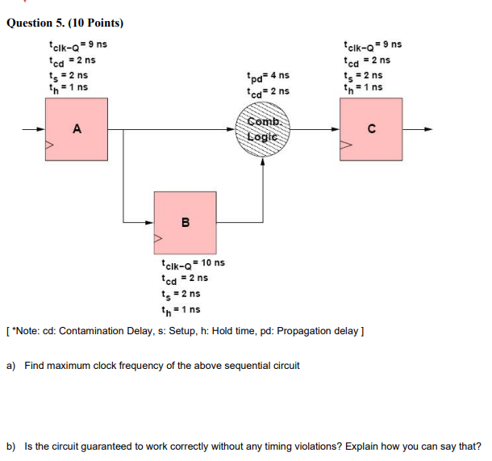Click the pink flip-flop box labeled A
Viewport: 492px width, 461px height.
[77, 130]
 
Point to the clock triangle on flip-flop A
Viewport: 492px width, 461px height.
[50, 146]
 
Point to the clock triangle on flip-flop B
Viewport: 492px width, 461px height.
[158, 239]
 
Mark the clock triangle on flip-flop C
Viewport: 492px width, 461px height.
[344, 146]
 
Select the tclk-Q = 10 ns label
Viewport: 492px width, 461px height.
[193, 263]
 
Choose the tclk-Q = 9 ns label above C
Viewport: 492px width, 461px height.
[372, 45]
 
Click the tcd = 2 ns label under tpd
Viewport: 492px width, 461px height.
[266, 92]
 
